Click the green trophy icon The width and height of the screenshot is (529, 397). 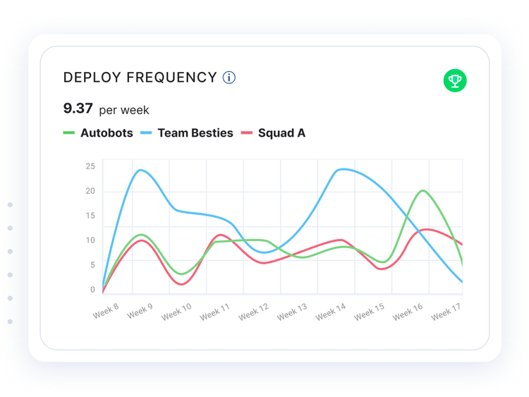pos(455,80)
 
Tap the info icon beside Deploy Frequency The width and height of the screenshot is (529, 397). pos(229,78)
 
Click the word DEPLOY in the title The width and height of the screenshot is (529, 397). pos(92,78)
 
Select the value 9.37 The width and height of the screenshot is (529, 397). pos(78,109)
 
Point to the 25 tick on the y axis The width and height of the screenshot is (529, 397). pos(90,166)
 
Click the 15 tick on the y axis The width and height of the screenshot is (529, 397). pos(90,216)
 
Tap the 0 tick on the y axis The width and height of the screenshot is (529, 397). pos(92,290)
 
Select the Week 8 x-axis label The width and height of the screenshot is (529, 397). pos(106,311)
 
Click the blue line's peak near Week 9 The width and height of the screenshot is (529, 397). pos(140,170)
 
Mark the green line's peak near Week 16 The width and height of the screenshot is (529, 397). pos(423,190)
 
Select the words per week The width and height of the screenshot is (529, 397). pos(124,110)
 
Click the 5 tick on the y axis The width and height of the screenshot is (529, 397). pos(92,265)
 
